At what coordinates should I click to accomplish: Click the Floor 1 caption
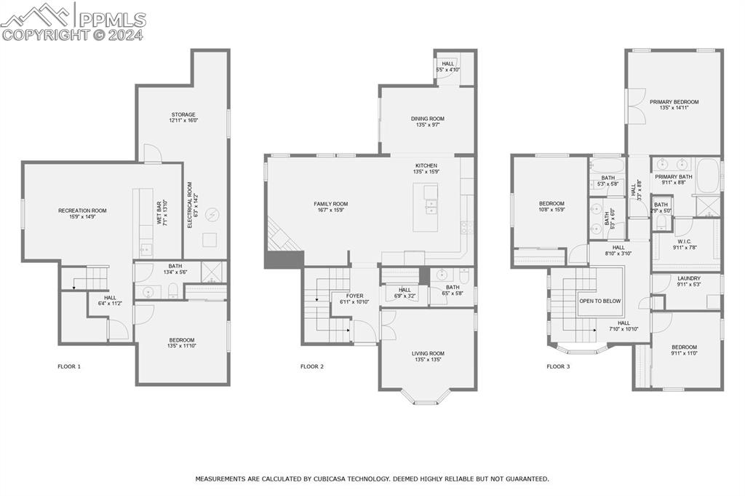(x=69, y=366)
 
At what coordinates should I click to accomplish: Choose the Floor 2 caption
(x=312, y=366)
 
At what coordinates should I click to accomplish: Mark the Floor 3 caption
(x=558, y=366)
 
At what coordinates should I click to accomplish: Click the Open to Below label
(x=599, y=300)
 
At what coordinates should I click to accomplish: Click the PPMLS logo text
(x=111, y=20)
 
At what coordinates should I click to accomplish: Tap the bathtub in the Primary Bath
(x=706, y=178)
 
